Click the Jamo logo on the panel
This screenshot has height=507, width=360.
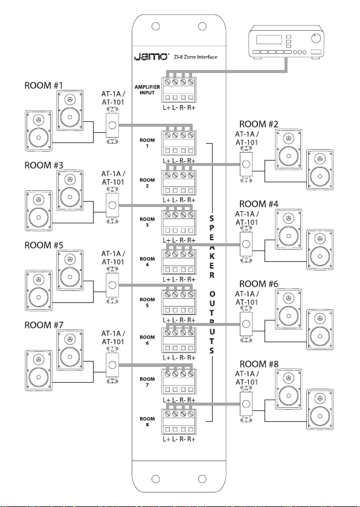click(x=151, y=56)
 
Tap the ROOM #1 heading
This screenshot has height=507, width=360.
click(x=44, y=86)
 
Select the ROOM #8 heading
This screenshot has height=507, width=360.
click(x=259, y=364)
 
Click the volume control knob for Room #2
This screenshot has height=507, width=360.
click(x=246, y=164)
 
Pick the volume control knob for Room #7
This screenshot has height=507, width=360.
click(x=112, y=365)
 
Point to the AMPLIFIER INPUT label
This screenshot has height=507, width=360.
click(x=147, y=90)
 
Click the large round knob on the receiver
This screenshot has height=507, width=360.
click(x=315, y=38)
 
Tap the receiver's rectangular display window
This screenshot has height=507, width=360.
click(x=269, y=40)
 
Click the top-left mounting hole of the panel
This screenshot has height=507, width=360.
click(x=156, y=26)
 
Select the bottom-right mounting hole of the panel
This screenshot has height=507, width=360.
click(x=202, y=479)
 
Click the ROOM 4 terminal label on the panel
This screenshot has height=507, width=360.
click(x=147, y=262)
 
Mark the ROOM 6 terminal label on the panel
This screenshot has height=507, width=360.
click(x=147, y=340)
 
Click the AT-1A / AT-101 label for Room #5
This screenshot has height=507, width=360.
click(x=113, y=258)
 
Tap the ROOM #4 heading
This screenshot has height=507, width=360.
click(x=259, y=205)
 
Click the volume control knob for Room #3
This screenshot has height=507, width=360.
click(x=112, y=205)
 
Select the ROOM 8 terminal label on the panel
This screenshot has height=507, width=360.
click(x=147, y=422)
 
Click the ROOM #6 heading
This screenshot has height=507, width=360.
click(x=259, y=284)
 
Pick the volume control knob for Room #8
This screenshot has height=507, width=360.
click(x=246, y=404)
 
